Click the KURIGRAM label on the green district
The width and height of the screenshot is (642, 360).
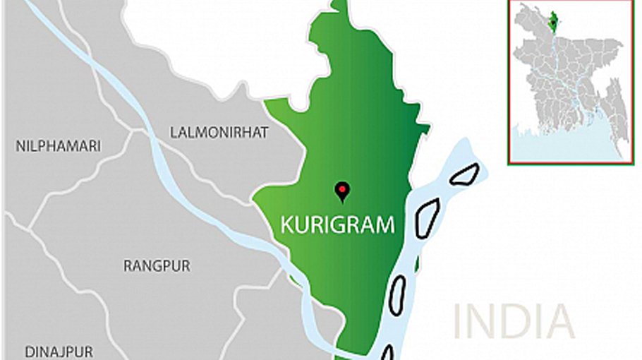point(337,225)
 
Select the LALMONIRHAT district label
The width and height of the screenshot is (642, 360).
point(219,132)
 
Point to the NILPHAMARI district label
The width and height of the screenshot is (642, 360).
point(58,146)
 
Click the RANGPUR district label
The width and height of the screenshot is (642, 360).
point(157,266)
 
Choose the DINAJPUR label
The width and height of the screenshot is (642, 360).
point(59,352)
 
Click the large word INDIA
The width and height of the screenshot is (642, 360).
point(513,321)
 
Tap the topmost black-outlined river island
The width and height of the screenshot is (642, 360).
point(465,174)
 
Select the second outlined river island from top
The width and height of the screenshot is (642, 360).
point(427,217)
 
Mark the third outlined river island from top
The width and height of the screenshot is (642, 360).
point(397,294)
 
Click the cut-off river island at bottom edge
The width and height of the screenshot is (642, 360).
point(387,353)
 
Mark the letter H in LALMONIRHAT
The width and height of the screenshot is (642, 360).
point(252,132)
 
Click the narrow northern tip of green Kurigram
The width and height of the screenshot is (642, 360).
point(340,7)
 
